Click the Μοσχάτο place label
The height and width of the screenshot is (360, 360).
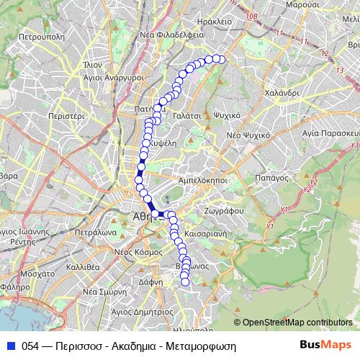click(x=38, y=274)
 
